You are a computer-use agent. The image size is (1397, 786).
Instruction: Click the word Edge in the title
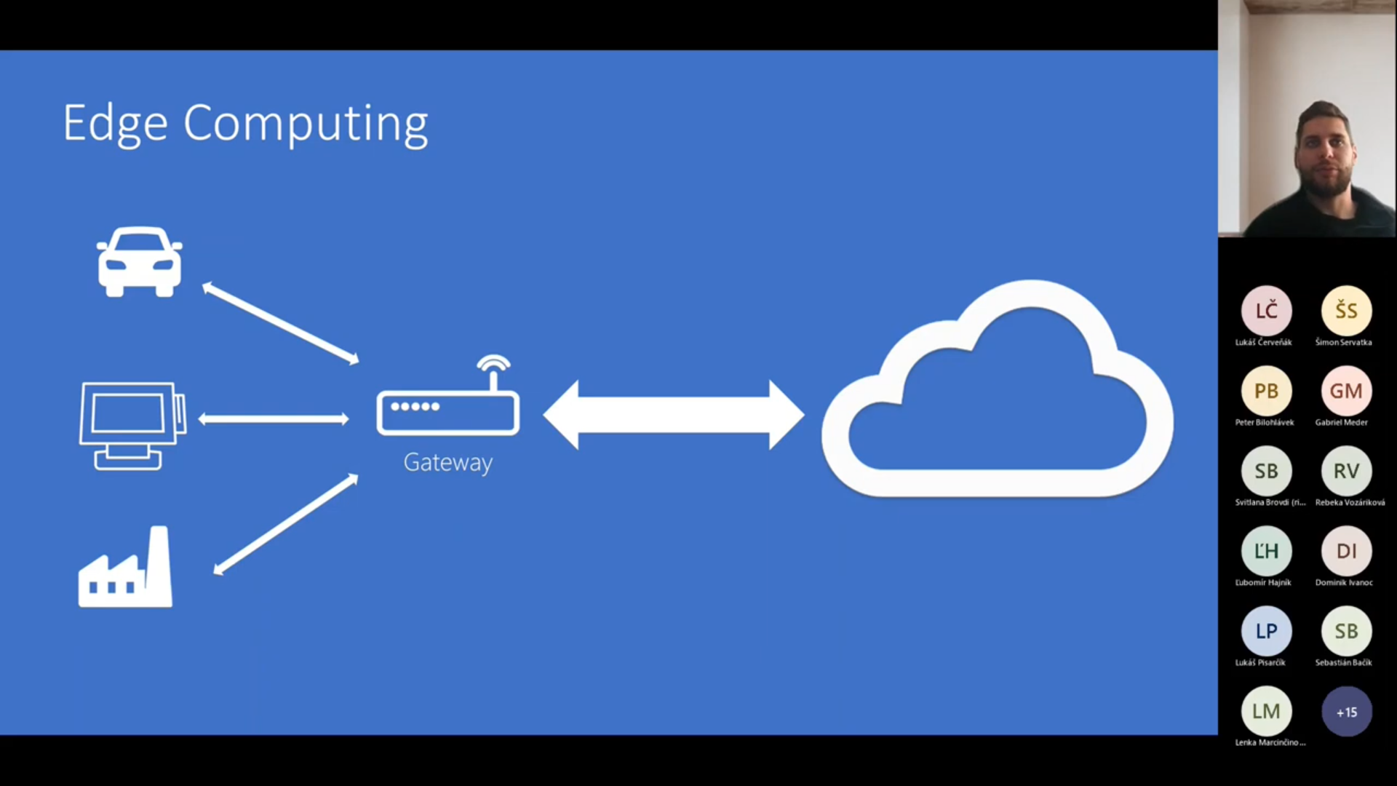coord(115,124)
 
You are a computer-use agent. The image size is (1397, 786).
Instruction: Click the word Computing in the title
coord(306,124)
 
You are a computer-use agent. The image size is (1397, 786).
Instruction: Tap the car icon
coord(140,262)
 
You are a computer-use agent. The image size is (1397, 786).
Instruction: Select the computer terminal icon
coord(132,426)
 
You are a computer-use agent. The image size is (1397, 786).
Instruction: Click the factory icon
coord(126,568)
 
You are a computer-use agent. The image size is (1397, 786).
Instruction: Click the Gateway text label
coord(448,463)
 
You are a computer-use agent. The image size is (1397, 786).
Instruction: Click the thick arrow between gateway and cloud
coord(674,415)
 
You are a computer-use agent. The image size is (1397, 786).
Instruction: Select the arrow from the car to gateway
coord(281,324)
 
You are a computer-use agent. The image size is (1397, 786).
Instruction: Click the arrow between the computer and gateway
coord(274,418)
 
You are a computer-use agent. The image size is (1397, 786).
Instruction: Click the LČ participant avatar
coord(1266,311)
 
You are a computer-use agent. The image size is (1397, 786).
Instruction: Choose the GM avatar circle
coord(1346,391)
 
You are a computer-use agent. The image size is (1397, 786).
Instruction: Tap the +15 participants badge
coord(1346,712)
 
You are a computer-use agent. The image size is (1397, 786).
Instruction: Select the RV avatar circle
coord(1346,471)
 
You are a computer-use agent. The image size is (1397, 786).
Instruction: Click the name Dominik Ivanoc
coord(1344,582)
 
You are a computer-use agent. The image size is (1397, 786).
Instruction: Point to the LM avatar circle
coord(1266,711)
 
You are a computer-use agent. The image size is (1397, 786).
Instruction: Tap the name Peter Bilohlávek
coord(1265,422)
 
